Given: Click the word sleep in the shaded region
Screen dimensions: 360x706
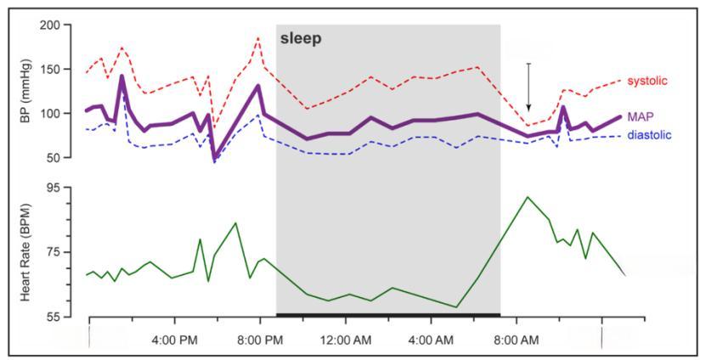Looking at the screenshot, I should [302, 39].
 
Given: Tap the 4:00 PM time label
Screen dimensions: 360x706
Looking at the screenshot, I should [175, 340].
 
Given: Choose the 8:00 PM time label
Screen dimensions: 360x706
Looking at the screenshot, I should [260, 340].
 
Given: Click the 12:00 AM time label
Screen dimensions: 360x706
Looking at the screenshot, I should [346, 340].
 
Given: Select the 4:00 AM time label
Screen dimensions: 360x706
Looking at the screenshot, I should [431, 340].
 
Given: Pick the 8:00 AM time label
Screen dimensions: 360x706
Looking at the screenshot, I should [517, 340].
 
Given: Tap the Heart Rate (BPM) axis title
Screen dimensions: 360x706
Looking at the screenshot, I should [25, 252].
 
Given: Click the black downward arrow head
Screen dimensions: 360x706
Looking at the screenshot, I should [528, 108].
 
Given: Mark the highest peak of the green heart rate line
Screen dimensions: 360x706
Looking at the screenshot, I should [528, 197].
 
